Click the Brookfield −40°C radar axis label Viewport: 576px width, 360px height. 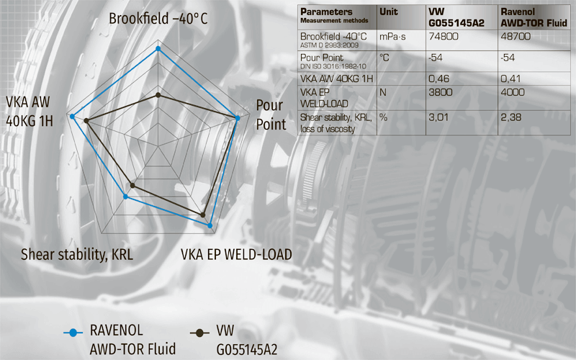(158, 18)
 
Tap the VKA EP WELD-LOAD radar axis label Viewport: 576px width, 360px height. (236, 254)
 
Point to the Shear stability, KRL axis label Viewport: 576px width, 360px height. (77, 254)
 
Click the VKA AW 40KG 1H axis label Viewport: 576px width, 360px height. (30, 110)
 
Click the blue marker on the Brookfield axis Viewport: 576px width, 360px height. (158, 49)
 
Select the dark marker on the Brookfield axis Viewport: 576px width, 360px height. (158, 94)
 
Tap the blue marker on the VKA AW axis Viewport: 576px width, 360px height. (72, 115)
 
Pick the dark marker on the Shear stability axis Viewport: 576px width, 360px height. (132, 186)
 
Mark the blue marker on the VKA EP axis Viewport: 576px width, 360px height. (210, 225)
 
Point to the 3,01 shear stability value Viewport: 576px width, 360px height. (438, 116)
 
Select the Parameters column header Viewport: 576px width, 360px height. (325, 12)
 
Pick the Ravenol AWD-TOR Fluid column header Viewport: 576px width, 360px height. (532, 17)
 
